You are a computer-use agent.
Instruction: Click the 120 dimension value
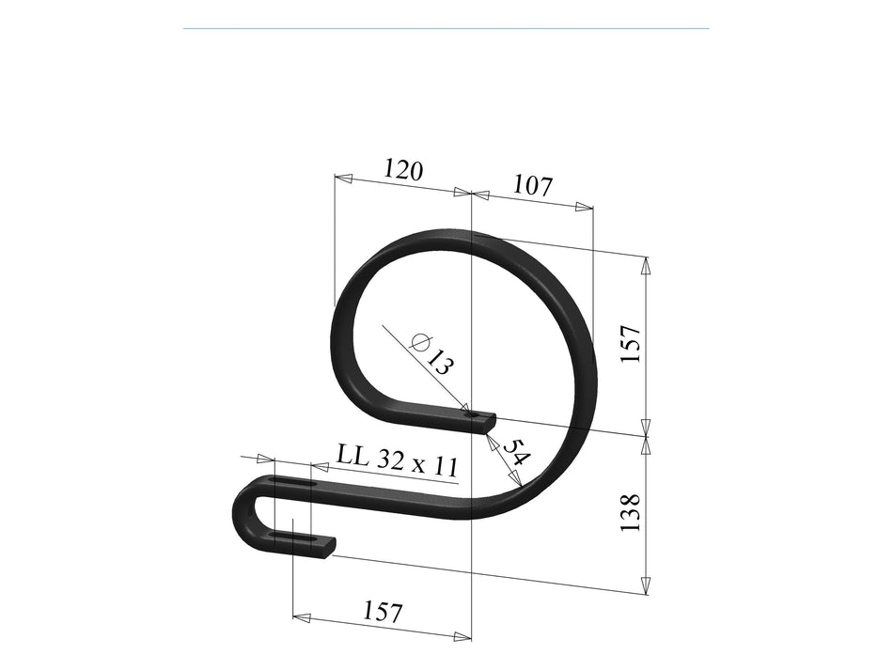click(403, 170)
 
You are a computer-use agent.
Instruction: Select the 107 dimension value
click(532, 185)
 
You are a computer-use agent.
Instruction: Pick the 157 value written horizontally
click(382, 613)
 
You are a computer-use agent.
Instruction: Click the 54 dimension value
click(514, 455)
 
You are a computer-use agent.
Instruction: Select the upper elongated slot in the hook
click(291, 484)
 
